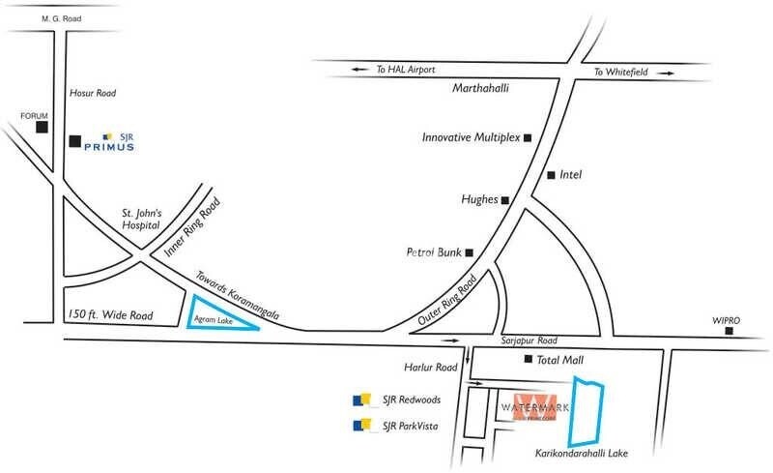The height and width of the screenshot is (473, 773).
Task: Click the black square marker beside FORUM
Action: [42, 127]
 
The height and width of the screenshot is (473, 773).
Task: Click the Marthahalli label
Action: [481, 89]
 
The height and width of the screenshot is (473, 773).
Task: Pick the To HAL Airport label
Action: [407, 70]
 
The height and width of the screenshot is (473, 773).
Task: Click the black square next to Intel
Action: [551, 175]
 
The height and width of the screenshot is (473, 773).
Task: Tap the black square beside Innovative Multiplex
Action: [528, 138]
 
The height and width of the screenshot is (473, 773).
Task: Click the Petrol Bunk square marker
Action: [470, 253]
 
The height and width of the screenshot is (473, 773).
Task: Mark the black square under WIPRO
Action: [730, 332]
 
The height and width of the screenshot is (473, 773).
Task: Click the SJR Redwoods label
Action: [411, 399]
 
